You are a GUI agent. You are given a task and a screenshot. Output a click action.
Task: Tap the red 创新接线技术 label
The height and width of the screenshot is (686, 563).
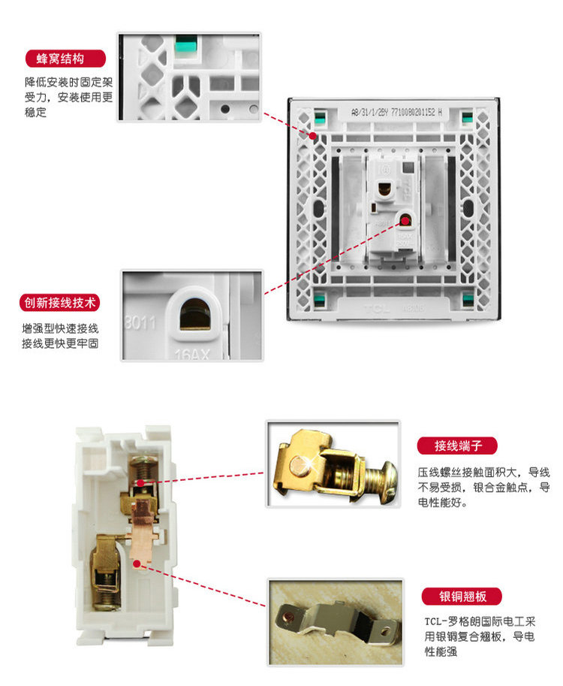[x=60, y=304]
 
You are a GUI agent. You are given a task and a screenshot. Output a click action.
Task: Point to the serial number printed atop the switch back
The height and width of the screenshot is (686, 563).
[x=396, y=112]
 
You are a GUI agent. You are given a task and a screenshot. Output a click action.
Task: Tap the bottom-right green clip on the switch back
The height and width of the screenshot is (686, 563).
[x=468, y=301]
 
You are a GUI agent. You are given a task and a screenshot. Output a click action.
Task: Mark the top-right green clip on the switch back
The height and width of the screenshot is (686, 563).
[x=467, y=117]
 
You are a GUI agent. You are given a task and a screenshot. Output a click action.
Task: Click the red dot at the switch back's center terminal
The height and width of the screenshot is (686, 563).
[x=406, y=220]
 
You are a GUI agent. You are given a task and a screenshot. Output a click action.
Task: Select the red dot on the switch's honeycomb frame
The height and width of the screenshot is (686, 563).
[x=313, y=135]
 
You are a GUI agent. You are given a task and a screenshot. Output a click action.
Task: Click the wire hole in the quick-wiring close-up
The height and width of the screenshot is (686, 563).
[x=194, y=313]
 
